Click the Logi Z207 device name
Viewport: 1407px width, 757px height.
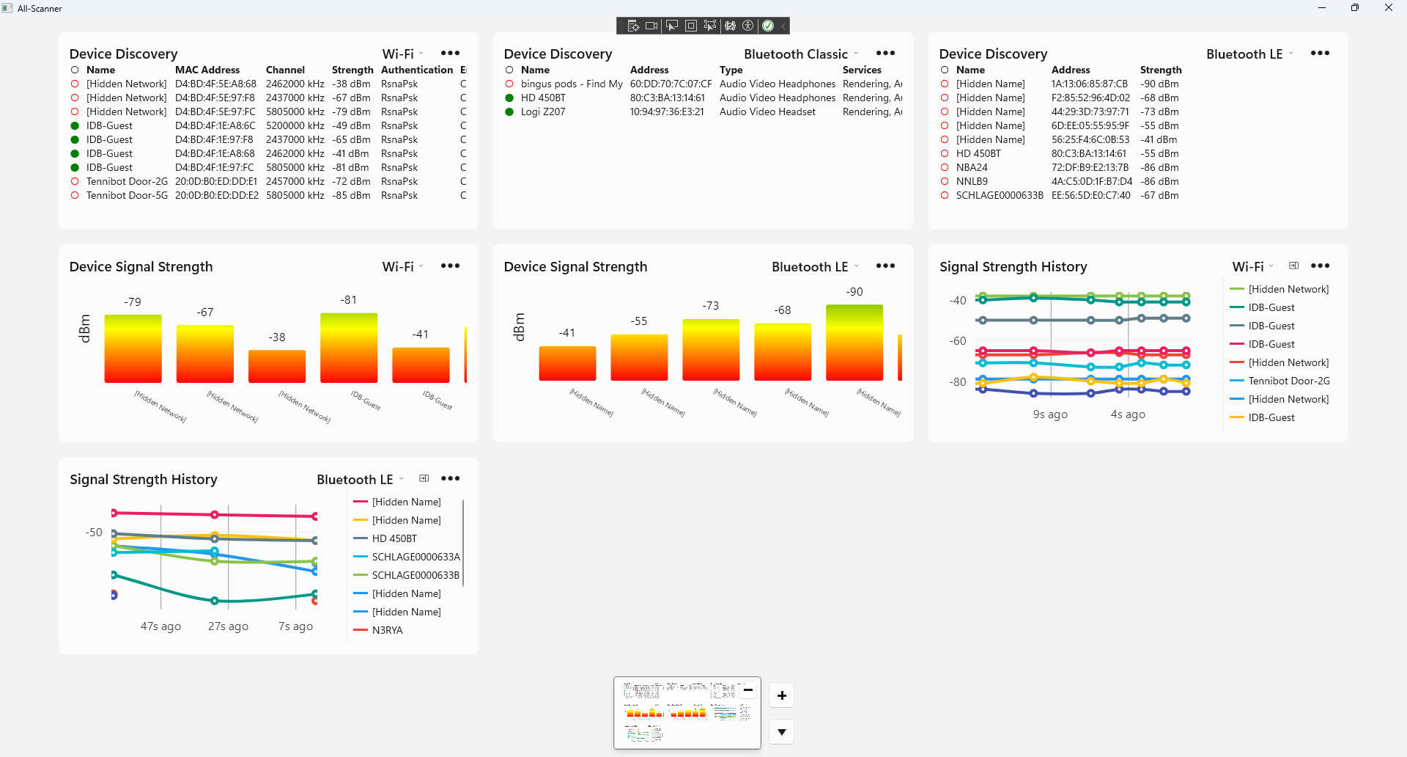coord(542,111)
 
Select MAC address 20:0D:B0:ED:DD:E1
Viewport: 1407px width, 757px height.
coord(215,181)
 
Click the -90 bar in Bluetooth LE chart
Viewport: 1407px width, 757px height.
coord(854,343)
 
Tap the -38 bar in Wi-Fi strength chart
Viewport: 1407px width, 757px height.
coord(277,366)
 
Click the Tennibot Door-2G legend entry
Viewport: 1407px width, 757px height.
coord(1288,381)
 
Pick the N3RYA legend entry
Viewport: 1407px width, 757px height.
coord(387,630)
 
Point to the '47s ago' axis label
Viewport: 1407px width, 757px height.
coord(160,626)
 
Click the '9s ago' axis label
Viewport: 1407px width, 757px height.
coord(1050,414)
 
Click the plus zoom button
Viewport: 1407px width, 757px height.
coord(782,695)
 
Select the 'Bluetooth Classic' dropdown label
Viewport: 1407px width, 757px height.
coord(795,54)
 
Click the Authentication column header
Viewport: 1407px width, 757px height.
coord(417,70)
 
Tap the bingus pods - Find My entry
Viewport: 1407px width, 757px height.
coord(572,84)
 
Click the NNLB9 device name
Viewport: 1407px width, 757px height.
coord(972,181)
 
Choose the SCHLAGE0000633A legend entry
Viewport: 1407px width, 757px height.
coord(416,557)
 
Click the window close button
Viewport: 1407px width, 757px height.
coord(1388,8)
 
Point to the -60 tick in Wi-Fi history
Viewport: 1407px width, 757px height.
coord(958,341)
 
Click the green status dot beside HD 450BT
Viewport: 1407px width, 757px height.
coord(509,98)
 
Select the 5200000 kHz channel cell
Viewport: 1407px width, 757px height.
coord(295,125)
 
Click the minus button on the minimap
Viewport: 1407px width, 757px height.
coord(748,690)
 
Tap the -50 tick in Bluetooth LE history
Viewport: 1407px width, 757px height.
coord(94,533)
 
